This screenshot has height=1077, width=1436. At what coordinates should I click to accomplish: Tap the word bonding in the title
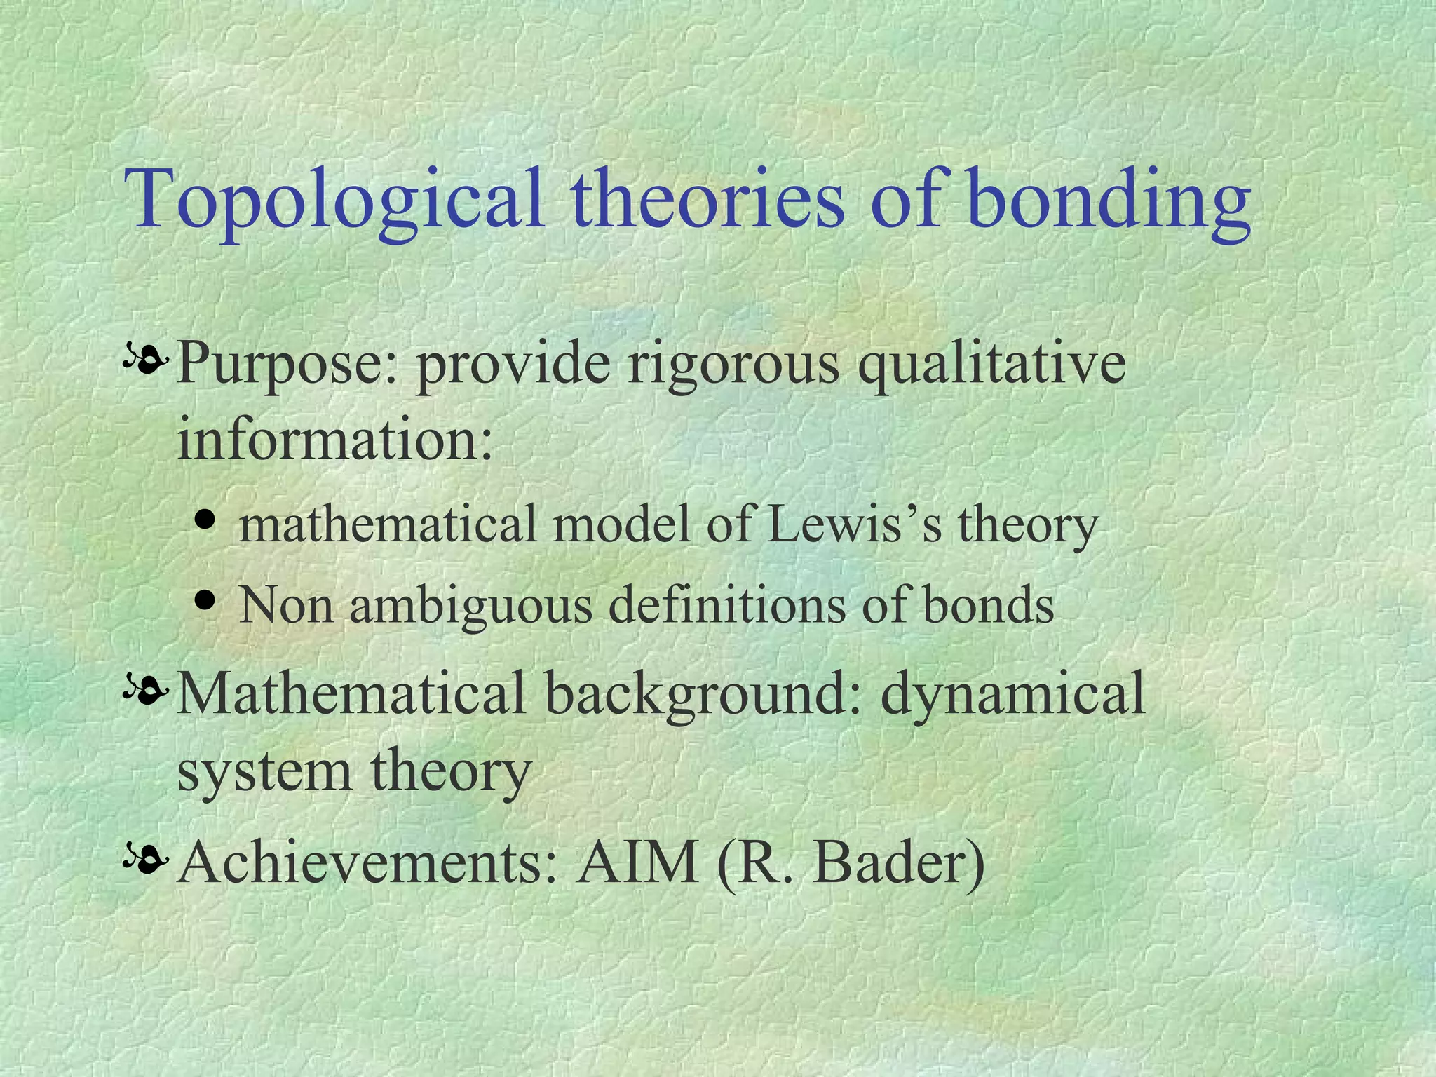[1108, 200]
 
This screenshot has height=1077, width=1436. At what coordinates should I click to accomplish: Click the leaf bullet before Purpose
[146, 360]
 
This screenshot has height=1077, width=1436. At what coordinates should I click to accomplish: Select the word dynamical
[1012, 694]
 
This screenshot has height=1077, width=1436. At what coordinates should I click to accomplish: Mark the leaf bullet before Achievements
[146, 858]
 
